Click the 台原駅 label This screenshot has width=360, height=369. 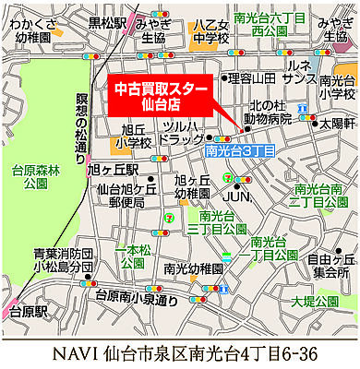(28, 312)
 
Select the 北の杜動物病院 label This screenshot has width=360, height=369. (268, 111)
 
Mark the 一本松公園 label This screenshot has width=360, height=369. (135, 256)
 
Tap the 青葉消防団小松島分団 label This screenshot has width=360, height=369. (61, 261)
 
